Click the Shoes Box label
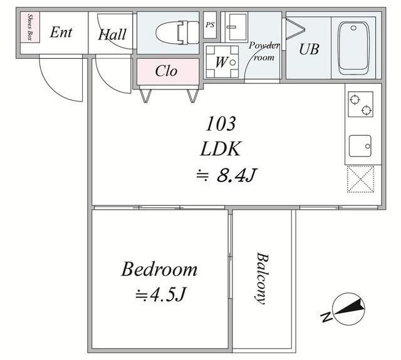[x=30, y=26]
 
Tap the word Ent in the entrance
[x=61, y=32]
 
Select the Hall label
[x=112, y=34]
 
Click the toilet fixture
[x=177, y=33]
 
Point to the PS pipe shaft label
[x=210, y=25]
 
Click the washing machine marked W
[x=222, y=62]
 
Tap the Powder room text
[x=264, y=51]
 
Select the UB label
[x=309, y=49]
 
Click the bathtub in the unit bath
[x=353, y=48]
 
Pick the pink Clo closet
[x=168, y=71]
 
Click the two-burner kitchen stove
[x=361, y=105]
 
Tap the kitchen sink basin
[x=360, y=146]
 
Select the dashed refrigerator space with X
[x=361, y=179]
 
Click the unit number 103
[x=221, y=124]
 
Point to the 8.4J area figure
[x=236, y=175]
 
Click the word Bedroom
[x=159, y=269]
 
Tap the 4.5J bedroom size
[x=167, y=295]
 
